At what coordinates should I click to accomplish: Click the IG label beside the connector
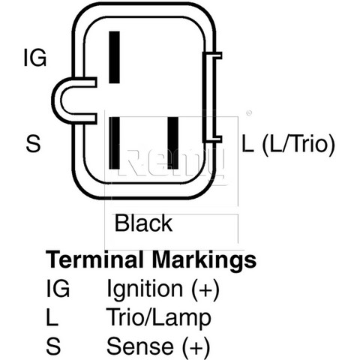click(x=35, y=58)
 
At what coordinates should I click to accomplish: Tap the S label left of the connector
click(x=33, y=144)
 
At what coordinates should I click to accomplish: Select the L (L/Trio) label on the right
click(x=288, y=144)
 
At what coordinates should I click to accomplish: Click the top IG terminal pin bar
click(x=114, y=57)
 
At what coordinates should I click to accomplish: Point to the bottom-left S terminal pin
click(x=115, y=142)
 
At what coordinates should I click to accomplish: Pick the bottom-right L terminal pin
click(x=173, y=142)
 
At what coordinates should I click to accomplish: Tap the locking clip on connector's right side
click(x=211, y=97)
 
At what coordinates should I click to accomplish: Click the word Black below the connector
click(x=143, y=223)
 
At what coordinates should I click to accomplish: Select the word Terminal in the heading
click(x=94, y=259)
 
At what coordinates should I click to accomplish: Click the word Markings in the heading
click(x=205, y=261)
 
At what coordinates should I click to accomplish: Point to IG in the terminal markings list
click(x=58, y=288)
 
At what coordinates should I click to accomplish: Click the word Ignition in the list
click(x=145, y=290)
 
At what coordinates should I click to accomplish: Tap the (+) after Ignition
click(x=205, y=290)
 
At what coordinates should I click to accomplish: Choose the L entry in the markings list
click(x=52, y=317)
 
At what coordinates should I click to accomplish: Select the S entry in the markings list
click(x=53, y=346)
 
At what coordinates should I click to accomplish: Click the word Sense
click(x=140, y=346)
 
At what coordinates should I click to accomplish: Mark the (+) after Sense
click(x=196, y=347)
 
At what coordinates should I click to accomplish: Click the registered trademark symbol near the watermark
click(x=249, y=113)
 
